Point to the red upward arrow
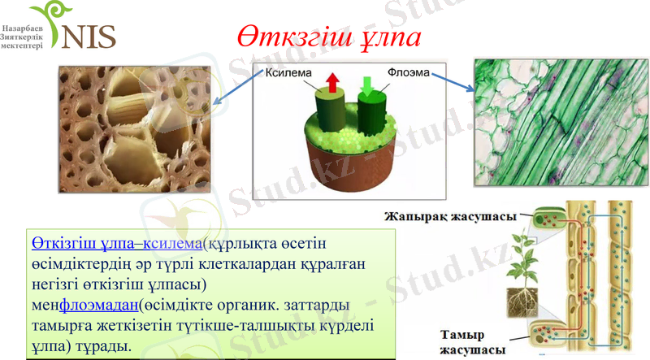pyautogui.click(x=333, y=82)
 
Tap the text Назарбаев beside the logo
pyautogui.click(x=24, y=27)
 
